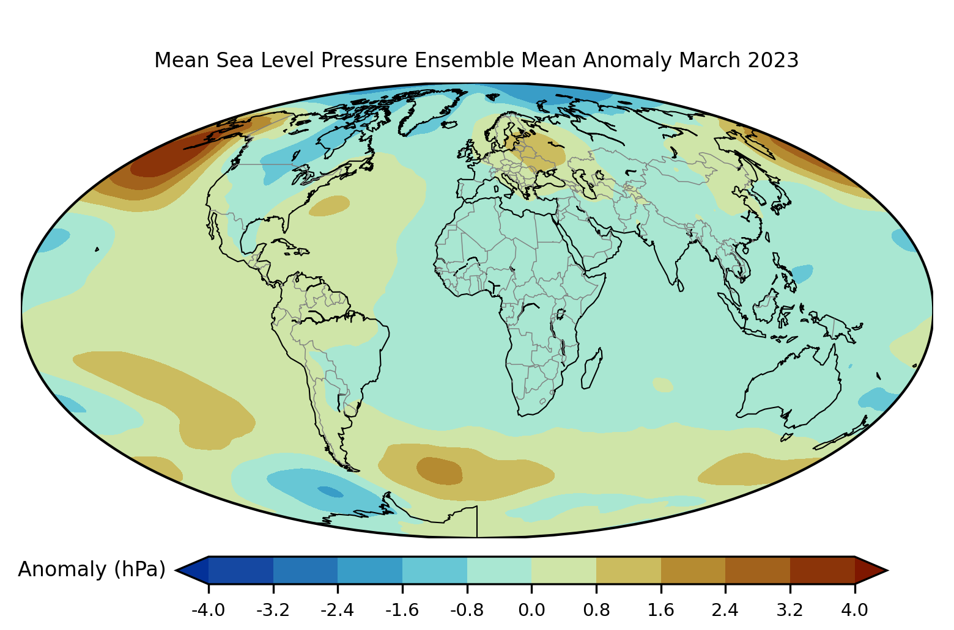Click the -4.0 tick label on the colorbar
click(x=209, y=610)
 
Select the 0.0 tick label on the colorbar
click(x=531, y=610)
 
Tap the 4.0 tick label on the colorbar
click(x=854, y=610)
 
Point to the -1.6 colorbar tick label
click(x=402, y=610)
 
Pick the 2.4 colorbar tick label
click(x=725, y=610)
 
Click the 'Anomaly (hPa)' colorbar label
click(x=92, y=570)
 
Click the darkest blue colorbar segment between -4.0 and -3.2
click(x=241, y=570)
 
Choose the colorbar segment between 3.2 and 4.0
click(x=822, y=570)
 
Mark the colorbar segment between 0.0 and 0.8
click(x=564, y=570)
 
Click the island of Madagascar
click(x=591, y=368)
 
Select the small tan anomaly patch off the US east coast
click(x=330, y=205)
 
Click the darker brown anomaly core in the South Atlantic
click(x=439, y=471)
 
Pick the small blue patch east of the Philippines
click(x=802, y=273)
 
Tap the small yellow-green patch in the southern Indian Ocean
click(x=663, y=384)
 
